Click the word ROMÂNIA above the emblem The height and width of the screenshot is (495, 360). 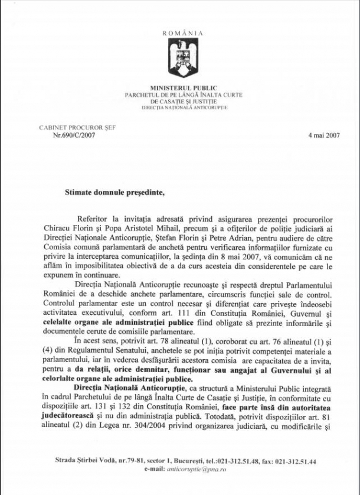click(x=182, y=34)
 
